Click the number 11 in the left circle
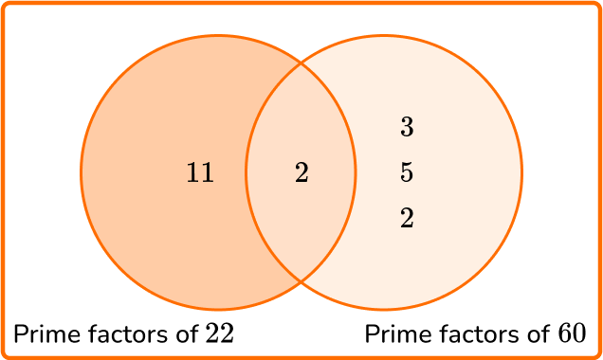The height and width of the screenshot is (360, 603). click(x=200, y=173)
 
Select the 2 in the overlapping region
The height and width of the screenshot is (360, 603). click(x=301, y=173)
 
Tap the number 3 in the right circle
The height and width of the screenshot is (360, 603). click(x=407, y=127)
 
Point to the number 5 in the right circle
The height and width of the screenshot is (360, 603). click(x=407, y=173)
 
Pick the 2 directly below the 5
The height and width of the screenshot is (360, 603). click(x=407, y=219)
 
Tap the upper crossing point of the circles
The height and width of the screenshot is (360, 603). click(x=301, y=63)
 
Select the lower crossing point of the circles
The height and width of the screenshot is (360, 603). click(x=301, y=281)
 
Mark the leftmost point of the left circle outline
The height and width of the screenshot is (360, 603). click(x=82, y=172)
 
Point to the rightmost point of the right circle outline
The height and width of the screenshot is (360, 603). click(x=521, y=172)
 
